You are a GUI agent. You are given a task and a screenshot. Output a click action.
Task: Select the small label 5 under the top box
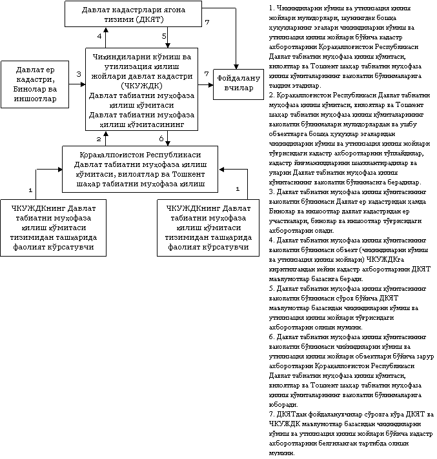[165, 37]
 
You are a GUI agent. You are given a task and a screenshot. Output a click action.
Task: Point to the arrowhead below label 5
[168, 46]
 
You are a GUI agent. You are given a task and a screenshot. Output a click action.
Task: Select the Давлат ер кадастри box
[36, 84]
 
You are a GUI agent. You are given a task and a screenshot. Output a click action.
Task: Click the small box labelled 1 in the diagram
[238, 190]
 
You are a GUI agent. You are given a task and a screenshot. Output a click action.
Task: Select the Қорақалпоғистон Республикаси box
[141, 170]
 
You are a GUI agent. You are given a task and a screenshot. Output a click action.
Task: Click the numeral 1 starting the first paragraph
[270, 7]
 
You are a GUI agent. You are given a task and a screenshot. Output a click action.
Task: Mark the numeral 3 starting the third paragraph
[270, 191]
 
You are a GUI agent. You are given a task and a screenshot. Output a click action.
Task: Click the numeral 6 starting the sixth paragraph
[270, 337]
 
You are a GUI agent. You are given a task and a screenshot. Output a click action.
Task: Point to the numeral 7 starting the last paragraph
[270, 413]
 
